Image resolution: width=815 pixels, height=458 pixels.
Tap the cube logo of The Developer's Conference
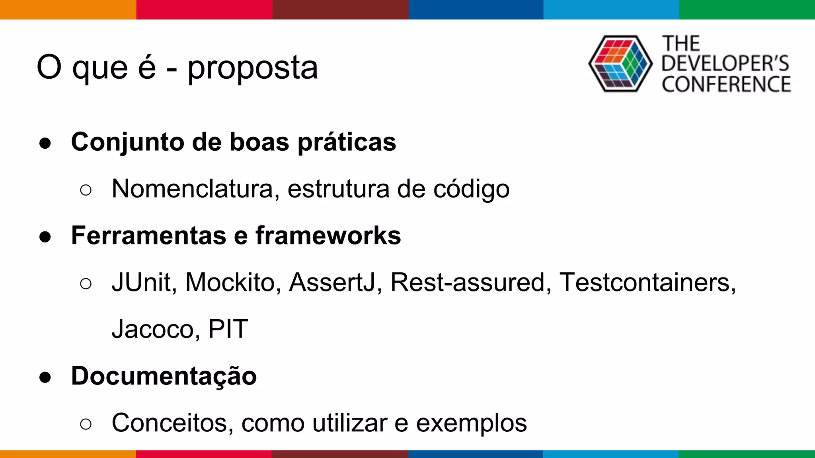620,64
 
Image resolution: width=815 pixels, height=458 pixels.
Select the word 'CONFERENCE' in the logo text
726,84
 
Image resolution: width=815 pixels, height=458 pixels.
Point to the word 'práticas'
347,142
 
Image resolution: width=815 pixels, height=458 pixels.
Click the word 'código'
471,189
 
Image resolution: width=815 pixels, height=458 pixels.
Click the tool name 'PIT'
228,329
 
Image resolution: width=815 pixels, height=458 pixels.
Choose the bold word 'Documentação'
164,376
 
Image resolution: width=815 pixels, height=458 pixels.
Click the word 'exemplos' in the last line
471,423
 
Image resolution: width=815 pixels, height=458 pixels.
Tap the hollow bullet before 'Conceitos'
86,424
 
